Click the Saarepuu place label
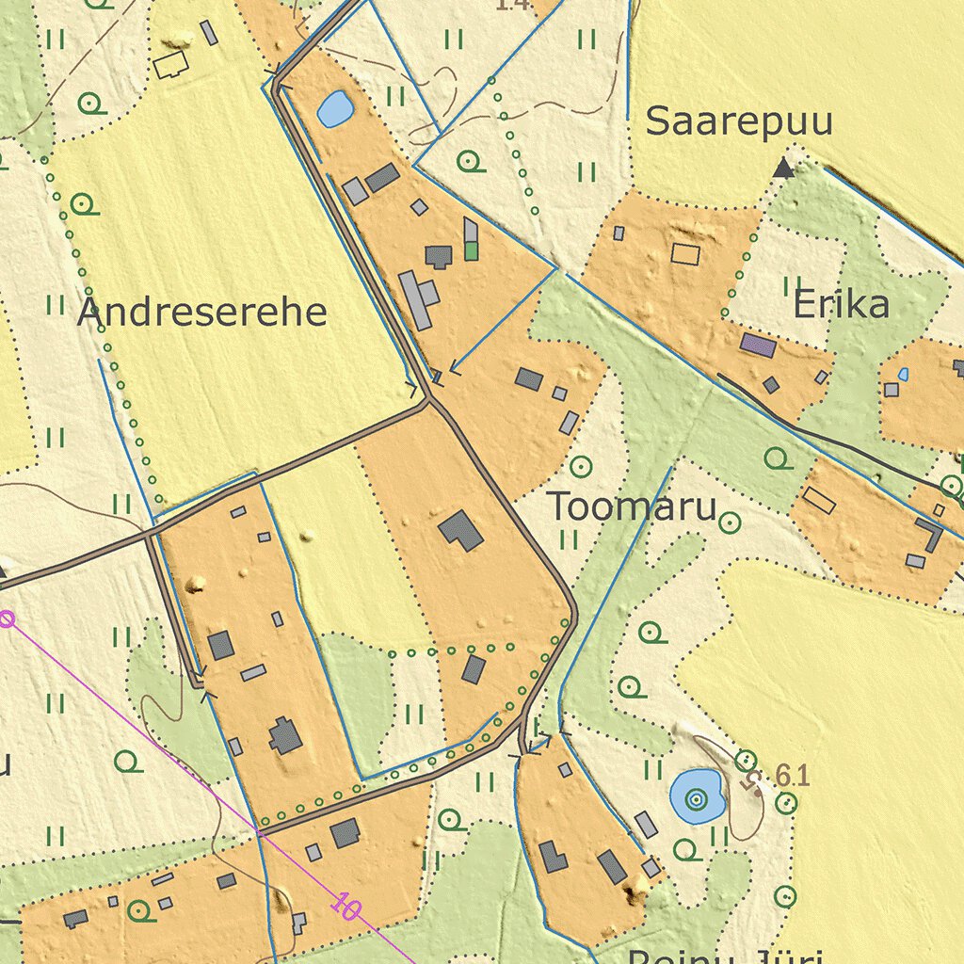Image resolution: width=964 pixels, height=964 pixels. click(739, 122)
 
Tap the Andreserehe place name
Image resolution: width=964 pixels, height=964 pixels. click(201, 313)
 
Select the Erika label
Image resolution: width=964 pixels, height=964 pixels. click(841, 305)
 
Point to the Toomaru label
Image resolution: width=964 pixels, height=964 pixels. click(632, 507)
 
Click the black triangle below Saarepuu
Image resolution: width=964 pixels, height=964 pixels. click(782, 169)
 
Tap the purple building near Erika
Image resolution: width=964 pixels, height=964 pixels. click(758, 345)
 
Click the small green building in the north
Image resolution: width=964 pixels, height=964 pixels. click(471, 251)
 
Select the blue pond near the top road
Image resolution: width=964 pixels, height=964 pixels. click(334, 109)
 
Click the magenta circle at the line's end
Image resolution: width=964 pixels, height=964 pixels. click(7, 619)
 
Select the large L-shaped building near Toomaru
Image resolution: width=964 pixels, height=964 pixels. click(461, 530)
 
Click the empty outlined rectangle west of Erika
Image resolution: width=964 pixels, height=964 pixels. click(685, 253)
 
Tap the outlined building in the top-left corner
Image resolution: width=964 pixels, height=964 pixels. click(171, 65)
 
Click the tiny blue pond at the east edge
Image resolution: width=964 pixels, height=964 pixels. click(903, 375)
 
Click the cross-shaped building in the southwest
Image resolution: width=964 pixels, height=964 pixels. click(285, 736)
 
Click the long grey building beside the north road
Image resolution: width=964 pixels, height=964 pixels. click(415, 300)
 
